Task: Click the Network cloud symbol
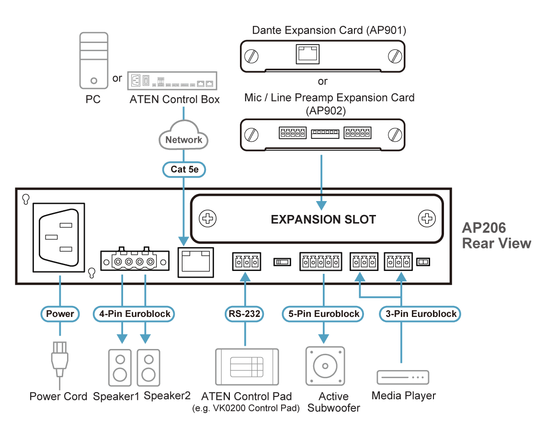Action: pos(183,135)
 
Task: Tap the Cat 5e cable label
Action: pos(184,169)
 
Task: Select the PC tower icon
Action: pos(94,61)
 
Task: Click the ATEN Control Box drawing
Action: pos(172,81)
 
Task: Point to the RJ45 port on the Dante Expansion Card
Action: pos(307,54)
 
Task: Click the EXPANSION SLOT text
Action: pos(323,219)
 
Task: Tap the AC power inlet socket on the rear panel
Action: pos(59,237)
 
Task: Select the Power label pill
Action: pos(60,314)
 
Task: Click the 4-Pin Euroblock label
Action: pos(135,314)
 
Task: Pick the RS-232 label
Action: pos(244,314)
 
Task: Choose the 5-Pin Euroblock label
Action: pos(323,314)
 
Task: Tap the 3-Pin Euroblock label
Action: pos(421,314)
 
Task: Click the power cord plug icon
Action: pos(59,359)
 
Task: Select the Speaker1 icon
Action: pos(120,368)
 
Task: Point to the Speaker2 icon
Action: pos(148,368)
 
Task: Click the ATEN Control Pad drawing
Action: pos(247,367)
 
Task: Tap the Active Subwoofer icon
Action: pos(325,366)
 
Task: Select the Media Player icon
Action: pos(403,377)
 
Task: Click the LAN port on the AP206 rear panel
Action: pos(196,262)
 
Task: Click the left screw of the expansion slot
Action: pos(207,219)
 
